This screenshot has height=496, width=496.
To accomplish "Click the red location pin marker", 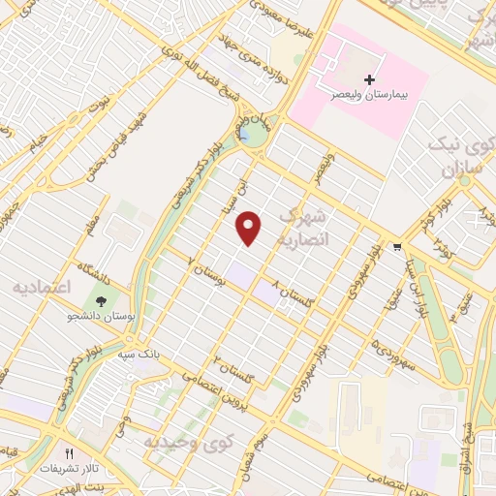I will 250,229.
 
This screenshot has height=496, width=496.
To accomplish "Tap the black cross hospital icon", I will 367,78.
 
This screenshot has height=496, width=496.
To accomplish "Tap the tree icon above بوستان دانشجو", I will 100,300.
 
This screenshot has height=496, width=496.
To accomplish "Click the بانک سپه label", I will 138,355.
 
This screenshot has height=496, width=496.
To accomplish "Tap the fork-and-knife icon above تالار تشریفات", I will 69,452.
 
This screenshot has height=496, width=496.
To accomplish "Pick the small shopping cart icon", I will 396,246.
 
